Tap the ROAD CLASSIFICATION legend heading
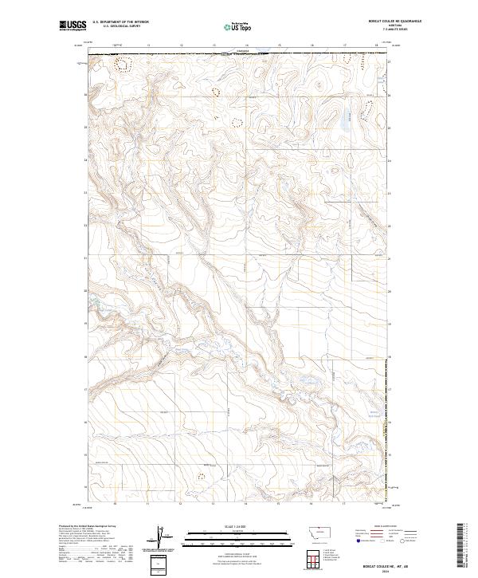click(x=386, y=527)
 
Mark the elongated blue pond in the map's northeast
click(x=344, y=122)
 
